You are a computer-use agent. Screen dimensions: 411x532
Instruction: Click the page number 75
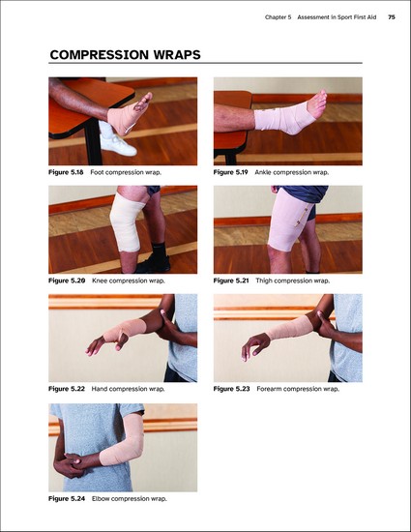pos(392,17)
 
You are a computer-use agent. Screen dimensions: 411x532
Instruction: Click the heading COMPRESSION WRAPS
pos(125,55)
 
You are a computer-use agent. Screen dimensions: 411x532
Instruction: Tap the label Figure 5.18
pos(66,172)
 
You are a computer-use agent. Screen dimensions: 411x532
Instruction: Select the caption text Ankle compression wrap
pos(292,172)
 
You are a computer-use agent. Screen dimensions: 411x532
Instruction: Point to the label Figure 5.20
pos(67,281)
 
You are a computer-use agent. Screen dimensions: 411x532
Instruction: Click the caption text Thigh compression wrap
pos(293,281)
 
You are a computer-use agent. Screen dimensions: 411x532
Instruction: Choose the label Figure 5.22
pos(67,389)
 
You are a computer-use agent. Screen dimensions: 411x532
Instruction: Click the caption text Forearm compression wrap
pos(298,389)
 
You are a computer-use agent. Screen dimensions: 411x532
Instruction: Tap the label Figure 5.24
pos(67,499)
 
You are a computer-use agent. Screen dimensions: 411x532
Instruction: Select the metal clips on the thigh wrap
pos(302,216)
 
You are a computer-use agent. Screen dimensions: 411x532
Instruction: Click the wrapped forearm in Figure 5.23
pos(292,327)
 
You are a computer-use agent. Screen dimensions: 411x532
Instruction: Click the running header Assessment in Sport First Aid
pos(337,17)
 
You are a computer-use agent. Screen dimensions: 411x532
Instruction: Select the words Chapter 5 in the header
pos(279,17)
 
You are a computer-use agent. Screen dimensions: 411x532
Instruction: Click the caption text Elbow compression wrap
pos(130,499)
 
